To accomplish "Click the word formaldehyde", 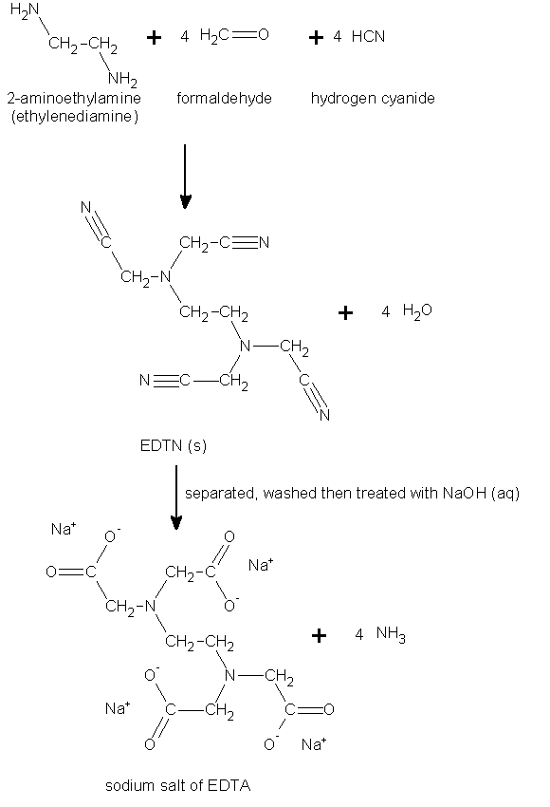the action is point(224,98).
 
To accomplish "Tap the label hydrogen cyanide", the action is point(373,99).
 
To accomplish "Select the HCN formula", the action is point(368,36).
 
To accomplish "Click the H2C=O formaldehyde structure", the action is point(234,35).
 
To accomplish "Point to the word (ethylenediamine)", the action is point(75,117).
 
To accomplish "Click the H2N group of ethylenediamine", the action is point(24,10).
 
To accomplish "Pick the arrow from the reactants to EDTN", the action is point(185,176).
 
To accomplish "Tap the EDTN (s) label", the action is point(174,445).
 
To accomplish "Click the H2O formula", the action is point(417,310).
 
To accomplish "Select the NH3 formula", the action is point(391,633).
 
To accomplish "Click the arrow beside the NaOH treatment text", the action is point(176,497).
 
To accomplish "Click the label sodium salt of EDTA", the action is point(178,785).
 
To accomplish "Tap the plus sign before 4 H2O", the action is point(346,312).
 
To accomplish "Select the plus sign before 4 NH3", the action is point(319,635).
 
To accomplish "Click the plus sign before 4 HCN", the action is point(316,37).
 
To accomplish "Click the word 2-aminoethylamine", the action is point(74,98).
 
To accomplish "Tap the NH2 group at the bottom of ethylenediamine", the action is point(122,79).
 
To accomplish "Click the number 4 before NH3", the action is point(358,634).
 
